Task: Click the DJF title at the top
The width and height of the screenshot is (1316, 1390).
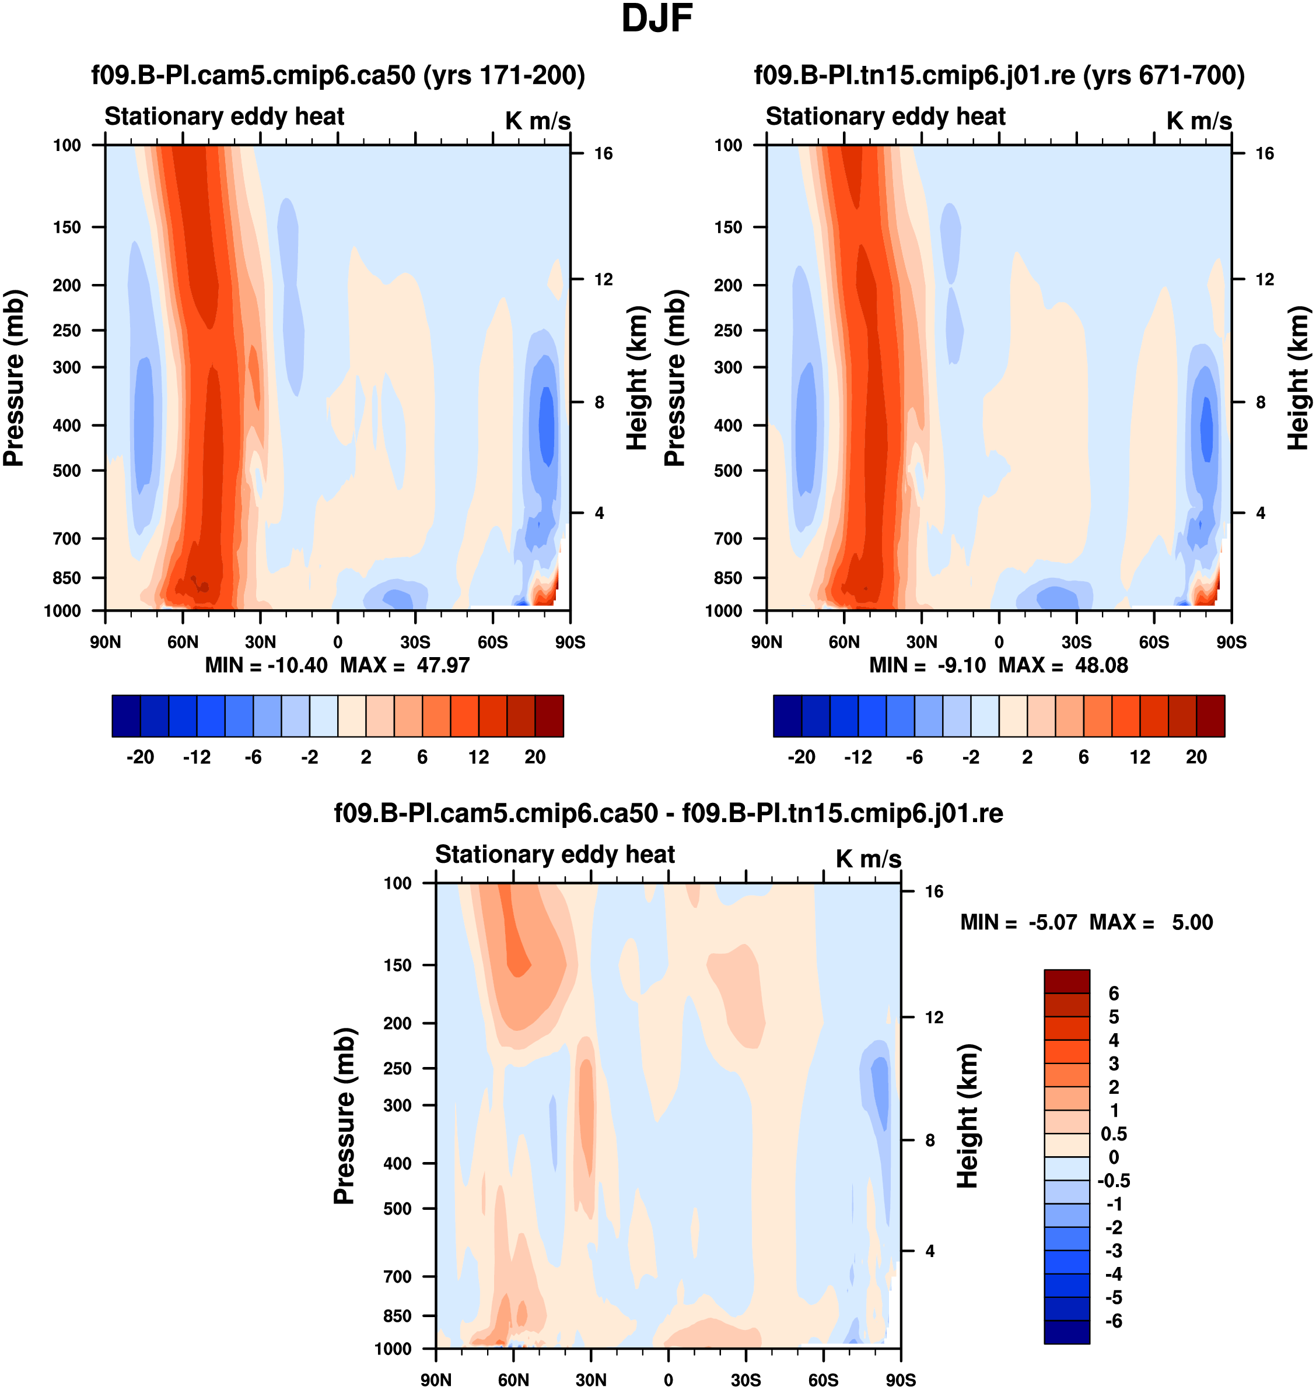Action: coord(657,19)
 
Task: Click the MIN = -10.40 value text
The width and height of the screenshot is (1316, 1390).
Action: coord(266,665)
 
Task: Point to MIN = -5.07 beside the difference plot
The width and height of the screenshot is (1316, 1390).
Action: coord(1018,922)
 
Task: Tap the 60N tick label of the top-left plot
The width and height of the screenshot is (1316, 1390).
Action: coord(183,642)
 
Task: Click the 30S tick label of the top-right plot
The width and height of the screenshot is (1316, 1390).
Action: coord(1076,642)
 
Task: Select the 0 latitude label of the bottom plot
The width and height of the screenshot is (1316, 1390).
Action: coord(668,1380)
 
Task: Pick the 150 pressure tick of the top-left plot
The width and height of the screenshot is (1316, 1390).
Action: coord(66,227)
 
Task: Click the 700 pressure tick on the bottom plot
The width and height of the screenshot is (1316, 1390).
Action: coord(397,1276)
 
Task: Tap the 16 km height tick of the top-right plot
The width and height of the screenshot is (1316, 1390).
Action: coord(1264,153)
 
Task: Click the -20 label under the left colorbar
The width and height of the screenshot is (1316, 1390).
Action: coord(141,757)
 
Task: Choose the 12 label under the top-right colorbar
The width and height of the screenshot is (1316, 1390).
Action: coord(1140,757)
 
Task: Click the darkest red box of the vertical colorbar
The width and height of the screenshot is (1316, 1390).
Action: coord(1066,981)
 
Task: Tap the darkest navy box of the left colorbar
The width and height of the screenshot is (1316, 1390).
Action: coord(126,716)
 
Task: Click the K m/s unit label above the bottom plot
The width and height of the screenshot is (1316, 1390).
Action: coord(868,859)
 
